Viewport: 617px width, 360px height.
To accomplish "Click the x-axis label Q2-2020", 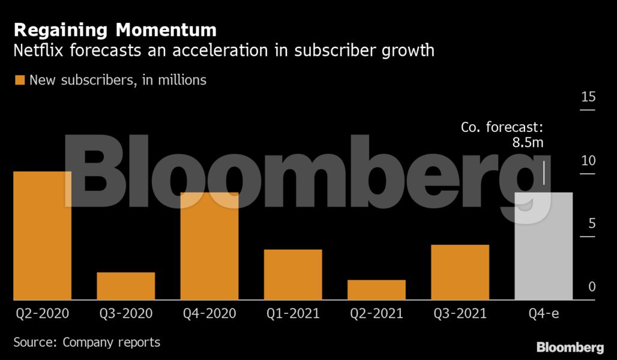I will [42, 313].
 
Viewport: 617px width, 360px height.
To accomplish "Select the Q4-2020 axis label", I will [209, 313].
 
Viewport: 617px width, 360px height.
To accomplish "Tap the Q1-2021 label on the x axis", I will [293, 313].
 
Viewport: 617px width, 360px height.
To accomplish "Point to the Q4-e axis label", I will [543, 313].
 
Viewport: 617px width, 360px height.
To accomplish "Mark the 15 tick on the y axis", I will [588, 98].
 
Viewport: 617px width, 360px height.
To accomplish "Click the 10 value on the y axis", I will [588, 161].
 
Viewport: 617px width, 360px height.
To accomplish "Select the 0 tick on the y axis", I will [591, 287].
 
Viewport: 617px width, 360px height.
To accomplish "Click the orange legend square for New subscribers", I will [20, 80].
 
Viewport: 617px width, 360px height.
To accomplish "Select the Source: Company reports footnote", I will [87, 343].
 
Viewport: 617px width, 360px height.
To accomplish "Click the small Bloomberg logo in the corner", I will [570, 347].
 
